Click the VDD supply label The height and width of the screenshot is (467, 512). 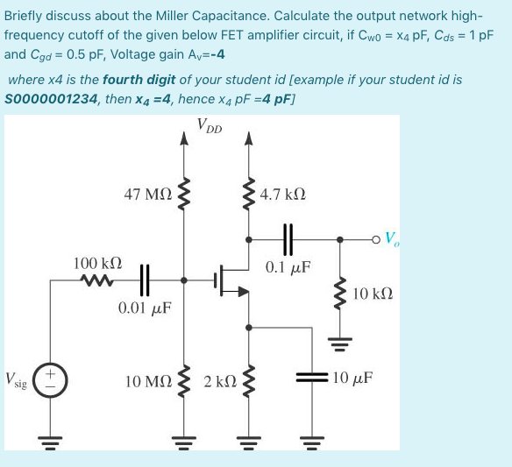209,127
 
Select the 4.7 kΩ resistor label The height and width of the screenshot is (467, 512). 283,195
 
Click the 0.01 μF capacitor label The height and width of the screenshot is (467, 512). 145,308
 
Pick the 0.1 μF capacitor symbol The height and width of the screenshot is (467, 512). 286,237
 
